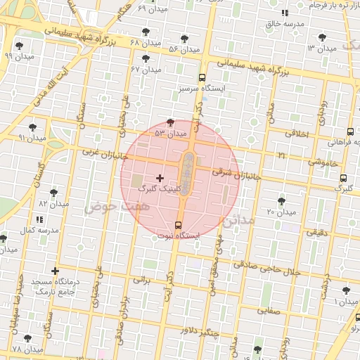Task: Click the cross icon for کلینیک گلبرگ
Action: tap(160, 178)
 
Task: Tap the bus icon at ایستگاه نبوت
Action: tap(177, 226)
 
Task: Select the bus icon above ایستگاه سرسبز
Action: tap(202, 77)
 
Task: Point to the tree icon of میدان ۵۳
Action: tap(170, 122)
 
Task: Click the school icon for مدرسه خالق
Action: tap(285, 13)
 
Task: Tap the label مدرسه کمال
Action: tap(37, 230)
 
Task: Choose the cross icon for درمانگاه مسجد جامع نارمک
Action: tap(56, 271)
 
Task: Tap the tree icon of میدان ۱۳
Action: tap(322, 37)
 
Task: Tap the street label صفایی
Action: tap(269, 309)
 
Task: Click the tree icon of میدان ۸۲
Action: tap(54, 192)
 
